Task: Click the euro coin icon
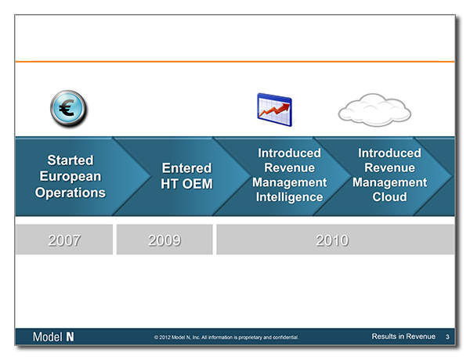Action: (68, 109)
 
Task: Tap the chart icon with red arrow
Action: (275, 110)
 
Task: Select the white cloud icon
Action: (374, 110)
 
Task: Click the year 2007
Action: (64, 240)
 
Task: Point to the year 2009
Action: (164, 240)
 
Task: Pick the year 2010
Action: (332, 240)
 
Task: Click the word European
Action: (70, 176)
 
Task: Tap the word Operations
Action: (70, 193)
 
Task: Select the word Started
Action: (70, 160)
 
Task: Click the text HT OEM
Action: (186, 184)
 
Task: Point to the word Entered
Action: (186, 168)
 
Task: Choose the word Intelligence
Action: (290, 197)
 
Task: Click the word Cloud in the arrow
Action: (389, 196)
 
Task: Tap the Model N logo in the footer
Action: (53, 337)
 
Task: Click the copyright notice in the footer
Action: (226, 337)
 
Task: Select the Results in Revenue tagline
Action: (403, 337)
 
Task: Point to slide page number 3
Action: (447, 337)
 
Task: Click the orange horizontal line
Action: (235, 62)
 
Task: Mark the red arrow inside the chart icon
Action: (275, 110)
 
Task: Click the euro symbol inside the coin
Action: (67, 107)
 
